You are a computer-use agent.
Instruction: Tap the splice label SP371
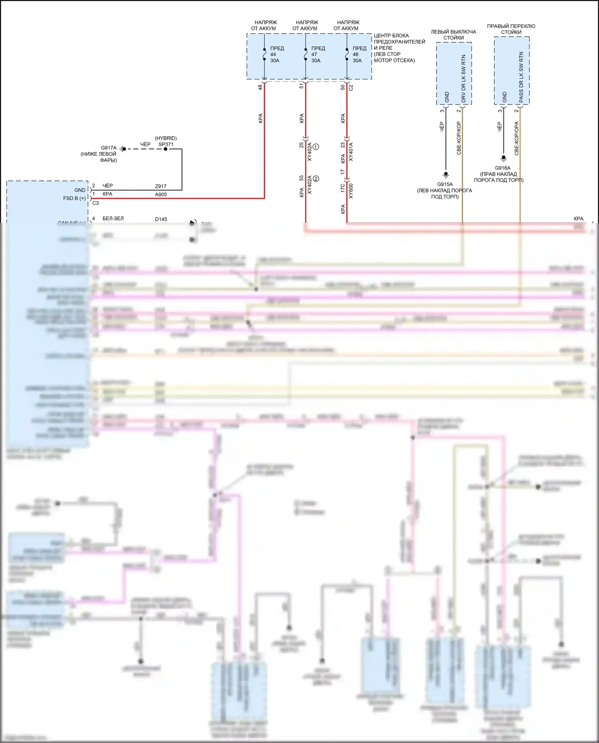point(166,145)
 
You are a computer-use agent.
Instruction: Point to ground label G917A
point(109,148)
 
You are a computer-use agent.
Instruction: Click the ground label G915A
point(445,184)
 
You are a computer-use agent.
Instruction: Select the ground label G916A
point(502,168)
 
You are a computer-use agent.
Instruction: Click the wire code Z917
point(161,186)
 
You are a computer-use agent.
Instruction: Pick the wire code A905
point(161,195)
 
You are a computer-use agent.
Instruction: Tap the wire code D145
point(161,219)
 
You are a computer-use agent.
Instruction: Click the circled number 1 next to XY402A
point(316,147)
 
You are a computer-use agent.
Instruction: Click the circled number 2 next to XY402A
point(316,178)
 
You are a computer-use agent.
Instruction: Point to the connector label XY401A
point(351,152)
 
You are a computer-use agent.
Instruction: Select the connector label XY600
point(351,191)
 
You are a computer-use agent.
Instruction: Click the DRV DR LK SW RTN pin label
point(464,78)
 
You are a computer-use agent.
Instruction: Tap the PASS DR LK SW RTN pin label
point(521,77)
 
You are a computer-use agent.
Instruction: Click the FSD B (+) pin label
point(74,198)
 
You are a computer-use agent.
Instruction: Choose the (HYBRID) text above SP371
point(166,138)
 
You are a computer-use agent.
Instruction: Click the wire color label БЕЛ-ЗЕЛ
point(113,219)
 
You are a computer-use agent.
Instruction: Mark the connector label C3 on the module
point(95,203)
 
